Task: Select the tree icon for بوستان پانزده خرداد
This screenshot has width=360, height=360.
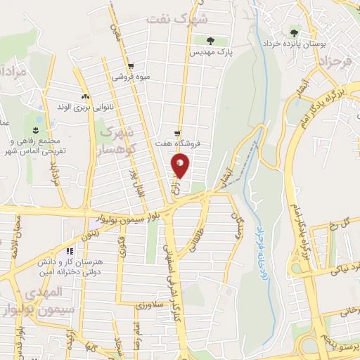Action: pyautogui.click(x=292, y=32)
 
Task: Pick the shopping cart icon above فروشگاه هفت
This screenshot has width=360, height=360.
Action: pyautogui.click(x=177, y=134)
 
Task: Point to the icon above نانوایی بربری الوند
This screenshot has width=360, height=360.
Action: pyautogui.click(x=85, y=96)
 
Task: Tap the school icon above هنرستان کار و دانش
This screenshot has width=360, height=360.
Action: pyautogui.click(x=69, y=251)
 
